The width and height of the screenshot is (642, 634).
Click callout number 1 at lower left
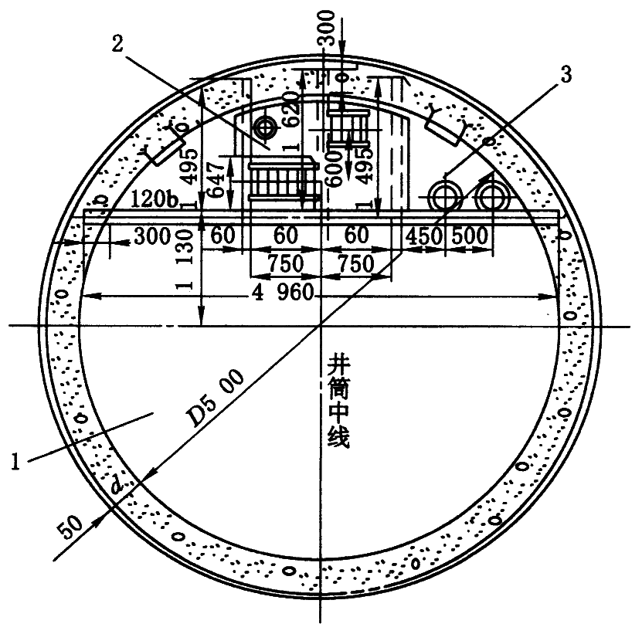[17, 461]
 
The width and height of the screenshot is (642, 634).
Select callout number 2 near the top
[117, 44]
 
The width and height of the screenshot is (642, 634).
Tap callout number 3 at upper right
[566, 75]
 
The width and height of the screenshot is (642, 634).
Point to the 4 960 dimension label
[282, 293]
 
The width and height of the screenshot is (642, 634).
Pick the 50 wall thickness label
[69, 530]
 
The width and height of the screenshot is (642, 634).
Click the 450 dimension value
[423, 236]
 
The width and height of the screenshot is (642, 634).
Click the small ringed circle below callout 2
[267, 126]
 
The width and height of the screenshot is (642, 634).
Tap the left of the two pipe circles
[447, 197]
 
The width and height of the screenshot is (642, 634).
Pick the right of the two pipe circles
[490, 197]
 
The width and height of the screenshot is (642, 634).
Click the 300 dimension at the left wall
[150, 236]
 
